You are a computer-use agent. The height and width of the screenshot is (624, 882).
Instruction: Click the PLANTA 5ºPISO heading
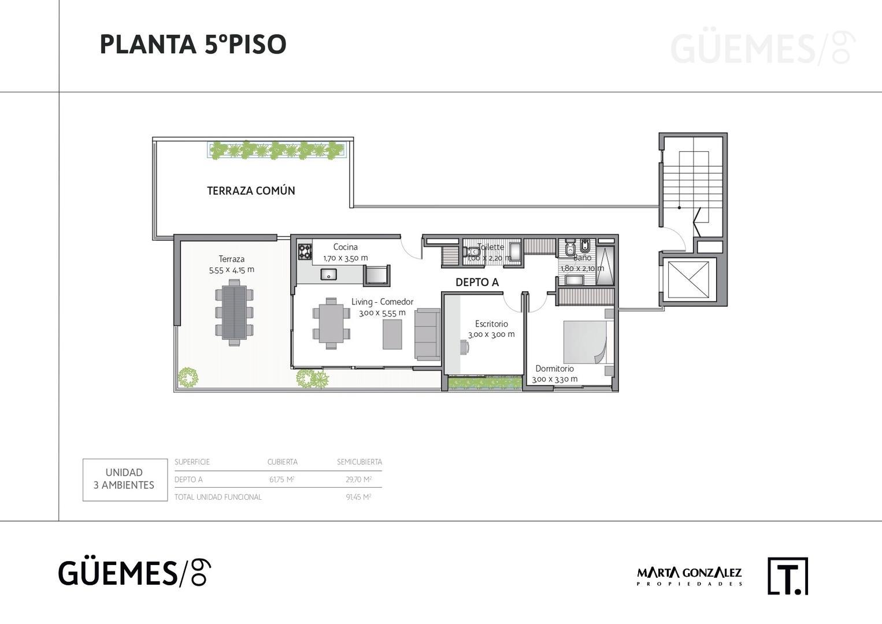[x=193, y=44]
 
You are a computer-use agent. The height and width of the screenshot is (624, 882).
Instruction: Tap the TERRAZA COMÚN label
[x=251, y=191]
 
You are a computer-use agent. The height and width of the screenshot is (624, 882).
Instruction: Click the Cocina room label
[x=345, y=247]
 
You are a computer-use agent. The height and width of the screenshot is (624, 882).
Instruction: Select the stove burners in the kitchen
[x=305, y=251]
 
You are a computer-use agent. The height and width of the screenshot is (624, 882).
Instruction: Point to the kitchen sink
[x=328, y=274]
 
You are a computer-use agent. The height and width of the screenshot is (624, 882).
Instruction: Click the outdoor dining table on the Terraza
[x=234, y=312]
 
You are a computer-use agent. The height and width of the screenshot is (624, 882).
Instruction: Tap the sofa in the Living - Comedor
[x=427, y=334]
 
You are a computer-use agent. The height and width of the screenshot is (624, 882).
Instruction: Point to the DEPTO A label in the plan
[x=477, y=283]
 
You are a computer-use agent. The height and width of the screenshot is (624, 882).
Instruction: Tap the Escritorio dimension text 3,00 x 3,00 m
[x=491, y=335]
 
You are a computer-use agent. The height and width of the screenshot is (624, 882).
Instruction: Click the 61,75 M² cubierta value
[x=282, y=480]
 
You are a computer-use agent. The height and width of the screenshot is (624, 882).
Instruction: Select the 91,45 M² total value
[x=359, y=497]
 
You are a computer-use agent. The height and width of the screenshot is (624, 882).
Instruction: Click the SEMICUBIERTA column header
[x=359, y=462]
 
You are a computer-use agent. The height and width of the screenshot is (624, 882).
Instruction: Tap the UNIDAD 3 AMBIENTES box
[x=125, y=480]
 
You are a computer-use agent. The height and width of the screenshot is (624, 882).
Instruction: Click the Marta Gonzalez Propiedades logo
[x=689, y=576]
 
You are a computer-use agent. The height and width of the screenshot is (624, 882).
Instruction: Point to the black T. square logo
[x=788, y=575]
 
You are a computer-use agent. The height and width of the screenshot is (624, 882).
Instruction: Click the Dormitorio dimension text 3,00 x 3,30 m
[x=555, y=380]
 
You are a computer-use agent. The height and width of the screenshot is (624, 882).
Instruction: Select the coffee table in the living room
[x=392, y=334]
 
